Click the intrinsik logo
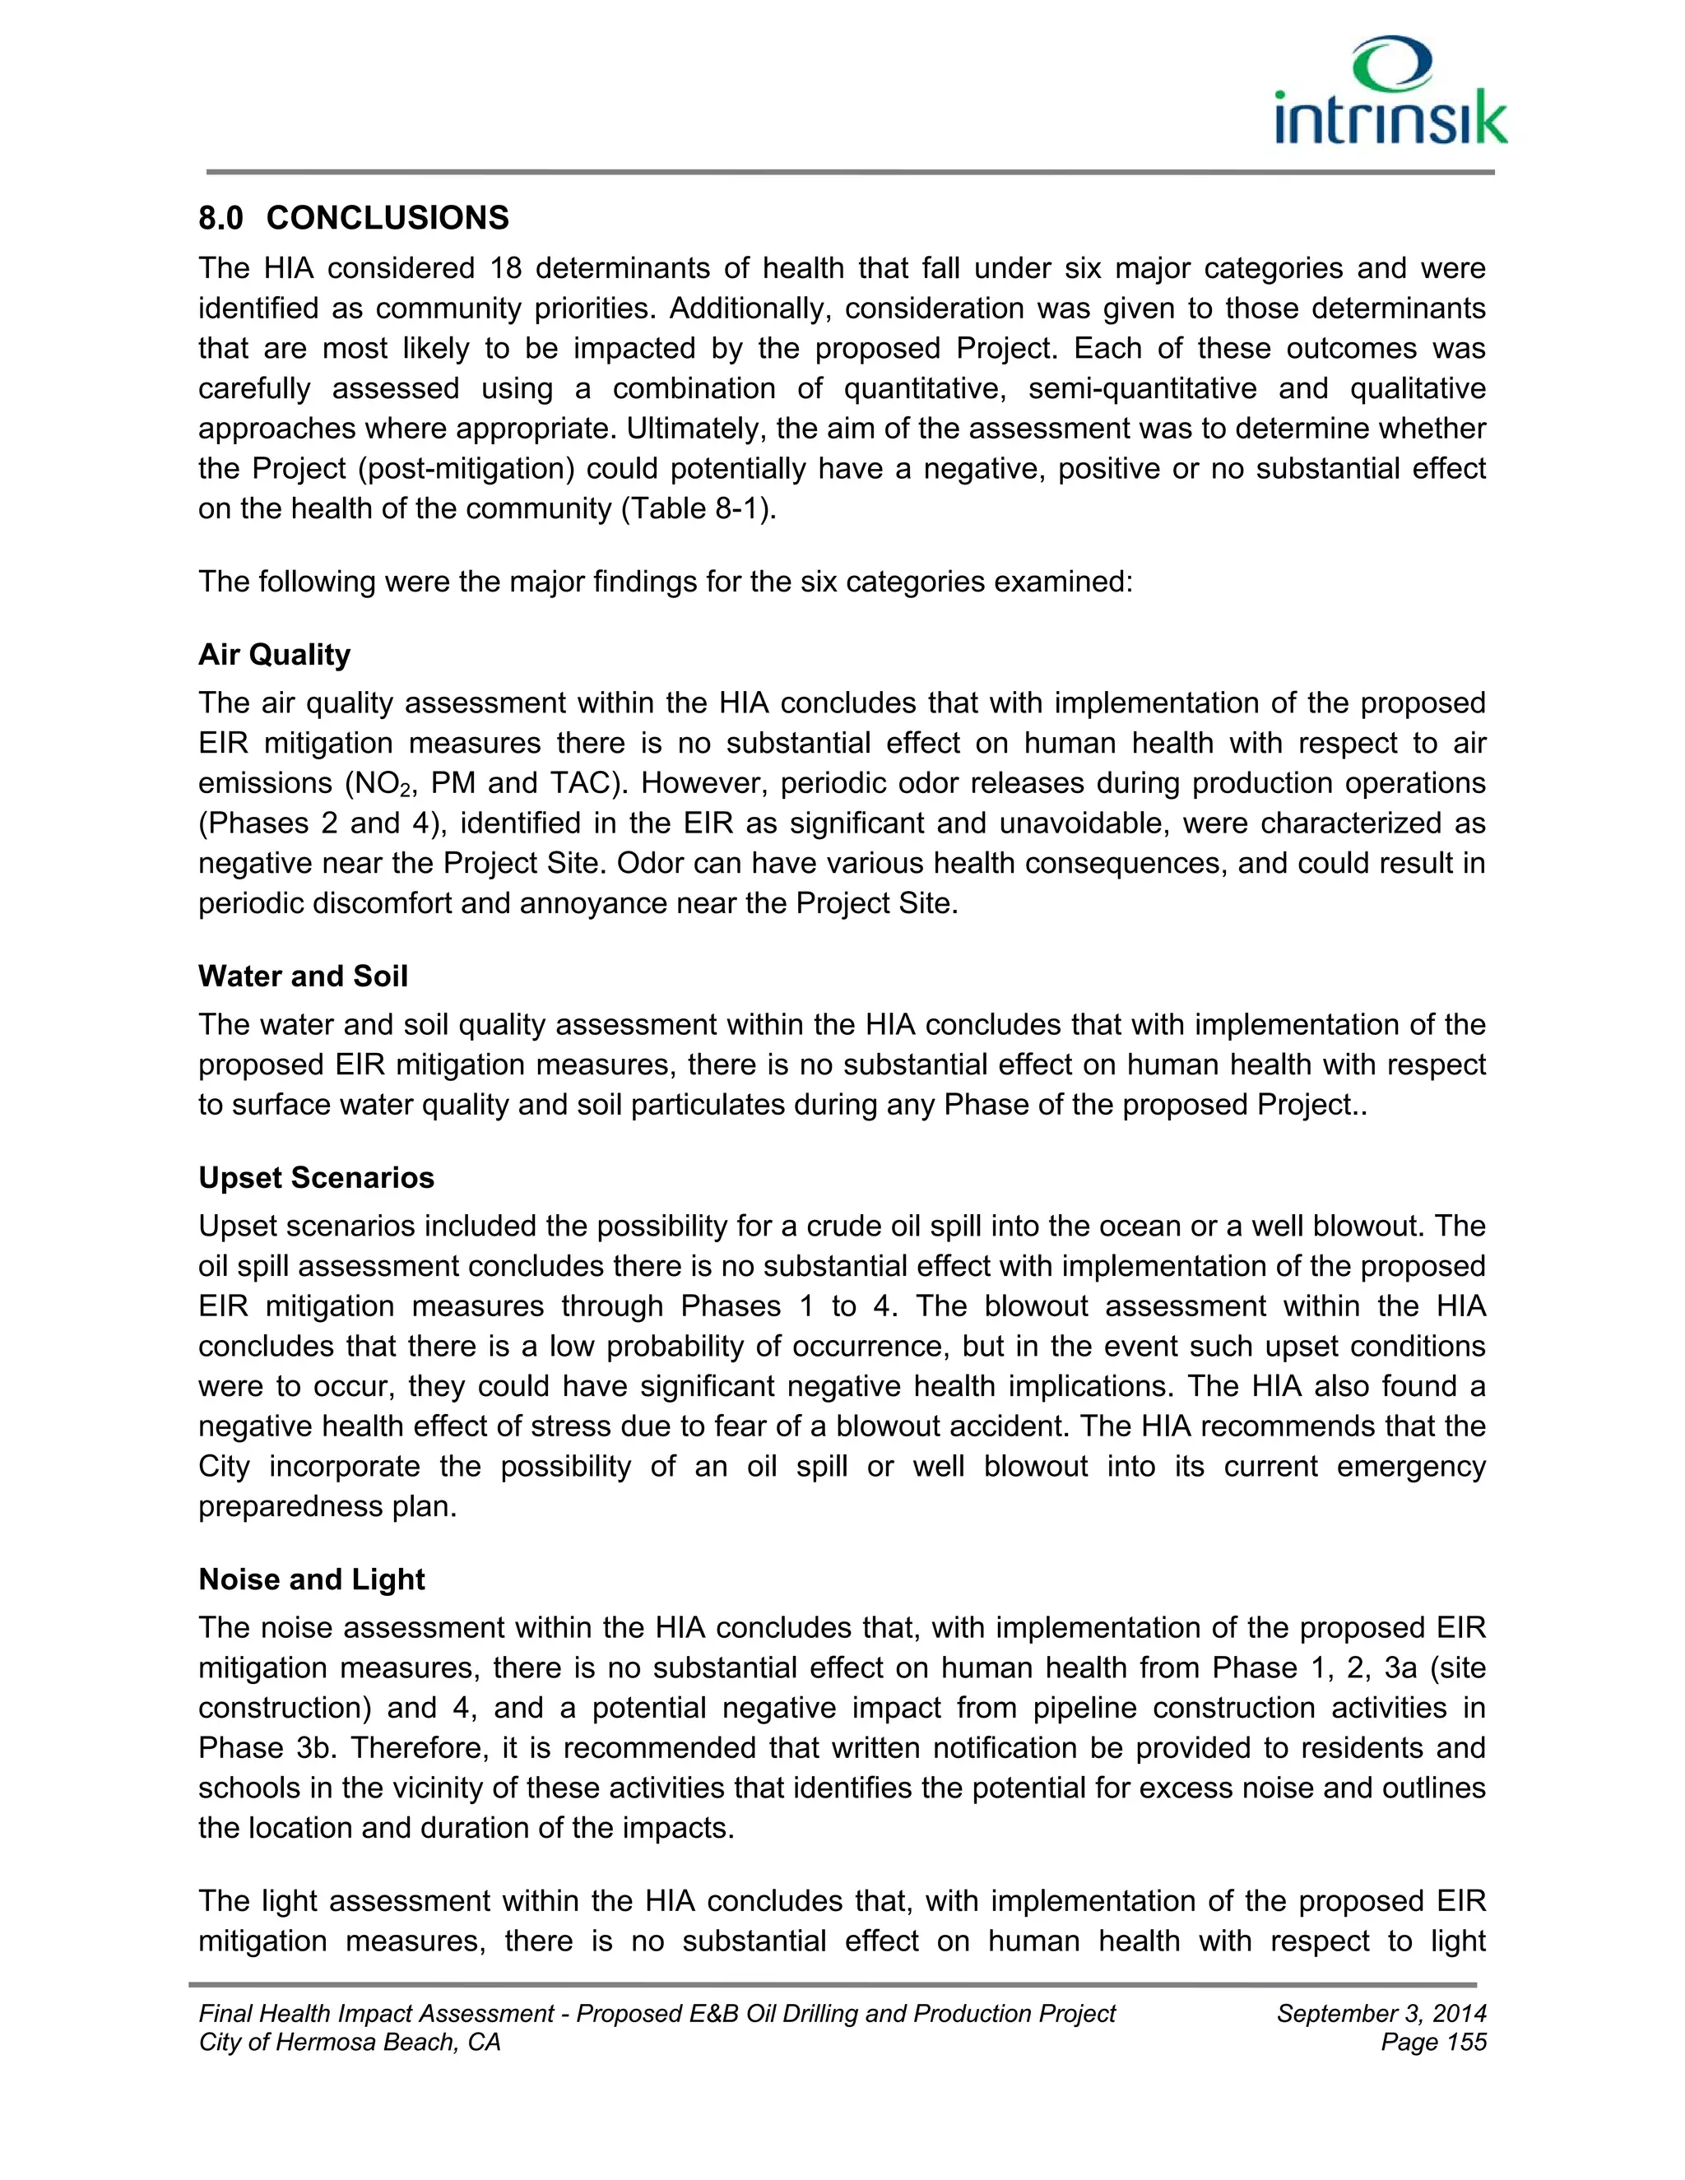(1390, 92)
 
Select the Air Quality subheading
(275, 655)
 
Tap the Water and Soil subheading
(303, 976)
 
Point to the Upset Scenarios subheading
(317, 1178)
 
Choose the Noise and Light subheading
(312, 1579)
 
